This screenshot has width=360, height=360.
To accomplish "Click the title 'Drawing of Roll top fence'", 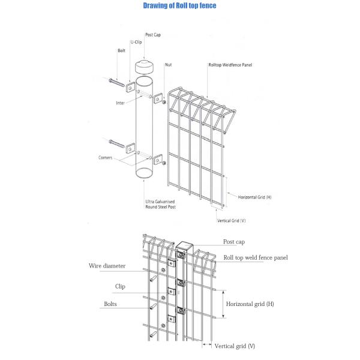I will pyautogui.click(x=180, y=6).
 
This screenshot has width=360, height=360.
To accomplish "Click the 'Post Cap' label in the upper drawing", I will pyautogui.click(x=153, y=35).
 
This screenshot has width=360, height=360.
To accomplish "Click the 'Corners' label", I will pyautogui.click(x=106, y=157).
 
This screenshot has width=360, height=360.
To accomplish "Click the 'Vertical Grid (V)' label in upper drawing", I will pyautogui.click(x=231, y=220).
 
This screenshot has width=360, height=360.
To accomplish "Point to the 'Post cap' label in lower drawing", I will pyautogui.click(x=233, y=241).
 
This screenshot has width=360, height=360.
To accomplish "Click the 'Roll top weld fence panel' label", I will pyautogui.click(x=256, y=257).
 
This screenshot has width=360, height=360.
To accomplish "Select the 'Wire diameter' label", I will pyautogui.click(x=106, y=265).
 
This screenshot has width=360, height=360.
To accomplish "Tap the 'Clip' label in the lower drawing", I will pyautogui.click(x=120, y=286).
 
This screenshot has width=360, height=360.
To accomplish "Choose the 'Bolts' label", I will pyautogui.click(x=109, y=304).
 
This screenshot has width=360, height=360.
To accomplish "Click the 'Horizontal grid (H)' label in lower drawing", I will pyautogui.click(x=250, y=304).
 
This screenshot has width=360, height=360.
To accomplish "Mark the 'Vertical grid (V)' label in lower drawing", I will pyautogui.click(x=235, y=346).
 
